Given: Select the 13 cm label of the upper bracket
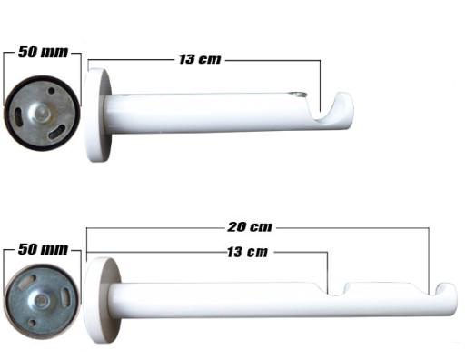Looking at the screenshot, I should point(199,60).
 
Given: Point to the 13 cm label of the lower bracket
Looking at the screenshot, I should point(245,251).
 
